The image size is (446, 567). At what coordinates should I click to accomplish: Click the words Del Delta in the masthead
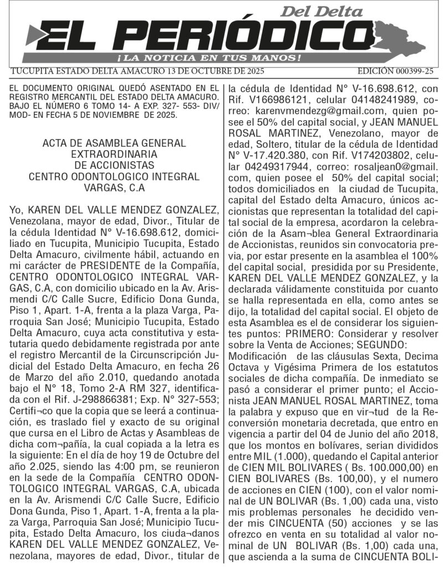click(x=322, y=11)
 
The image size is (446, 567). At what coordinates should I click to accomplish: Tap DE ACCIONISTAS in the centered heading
click(x=114, y=165)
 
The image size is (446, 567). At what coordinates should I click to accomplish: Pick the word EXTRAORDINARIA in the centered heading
click(x=114, y=154)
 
